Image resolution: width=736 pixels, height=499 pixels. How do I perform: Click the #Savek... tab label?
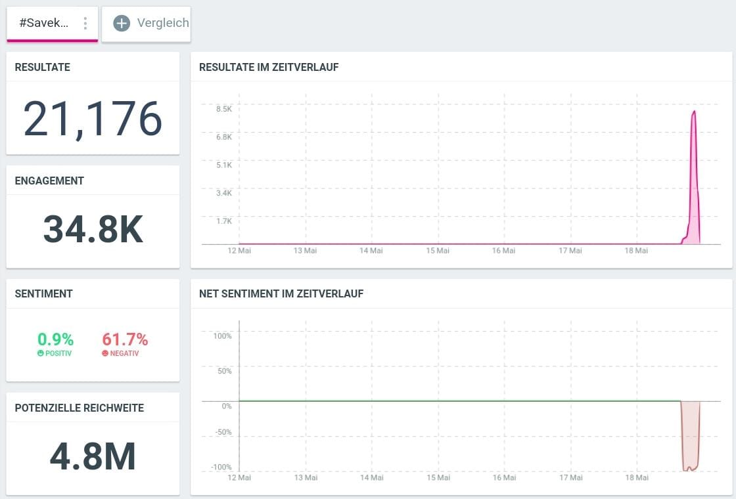point(43,23)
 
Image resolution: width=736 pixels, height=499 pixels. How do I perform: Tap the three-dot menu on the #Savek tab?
point(85,24)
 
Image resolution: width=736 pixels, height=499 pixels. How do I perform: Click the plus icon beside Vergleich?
point(122,23)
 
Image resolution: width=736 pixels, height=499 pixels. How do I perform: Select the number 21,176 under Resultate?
point(93,119)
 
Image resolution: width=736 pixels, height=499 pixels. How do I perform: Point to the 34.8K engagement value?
point(93,229)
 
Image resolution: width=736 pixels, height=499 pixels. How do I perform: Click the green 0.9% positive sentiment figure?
point(55,339)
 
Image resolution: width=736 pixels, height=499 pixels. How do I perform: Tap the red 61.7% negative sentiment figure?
point(125,339)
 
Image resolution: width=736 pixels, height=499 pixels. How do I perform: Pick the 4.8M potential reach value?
point(93,456)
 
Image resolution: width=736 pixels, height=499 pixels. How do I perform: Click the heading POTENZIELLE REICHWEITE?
point(80,408)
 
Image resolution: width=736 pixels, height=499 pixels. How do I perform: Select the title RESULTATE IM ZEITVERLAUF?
point(269,67)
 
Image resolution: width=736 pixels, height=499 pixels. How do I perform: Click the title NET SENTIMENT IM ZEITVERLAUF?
point(281,293)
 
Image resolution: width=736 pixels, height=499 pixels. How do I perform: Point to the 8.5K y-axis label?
point(224,109)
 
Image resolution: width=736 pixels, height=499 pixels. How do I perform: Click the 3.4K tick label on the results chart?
point(224,193)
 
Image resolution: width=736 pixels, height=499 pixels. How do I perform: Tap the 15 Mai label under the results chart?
point(438,250)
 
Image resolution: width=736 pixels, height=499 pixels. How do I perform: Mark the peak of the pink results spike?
point(694,111)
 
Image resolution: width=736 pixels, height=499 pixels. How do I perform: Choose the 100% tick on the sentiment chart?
point(223,336)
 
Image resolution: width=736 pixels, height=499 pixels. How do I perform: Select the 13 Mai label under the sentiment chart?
point(306,477)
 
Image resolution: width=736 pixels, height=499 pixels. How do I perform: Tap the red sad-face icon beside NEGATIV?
point(105,353)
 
